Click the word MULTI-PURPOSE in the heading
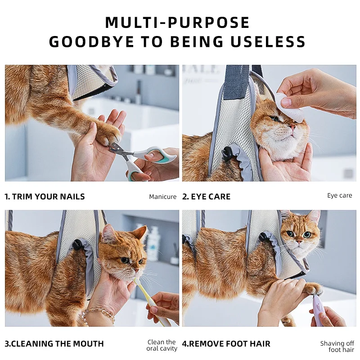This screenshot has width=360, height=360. point(177,22)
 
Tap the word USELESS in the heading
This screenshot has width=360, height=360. point(268,41)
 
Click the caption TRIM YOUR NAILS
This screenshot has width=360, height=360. point(49,197)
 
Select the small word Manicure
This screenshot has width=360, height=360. point(163,197)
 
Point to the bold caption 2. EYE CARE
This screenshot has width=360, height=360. point(207,197)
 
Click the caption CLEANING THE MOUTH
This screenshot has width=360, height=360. point(58,344)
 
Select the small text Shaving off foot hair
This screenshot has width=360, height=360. point(337,346)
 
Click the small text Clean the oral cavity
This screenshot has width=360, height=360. point(162,345)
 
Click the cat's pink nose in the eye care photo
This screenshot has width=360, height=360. point(292,126)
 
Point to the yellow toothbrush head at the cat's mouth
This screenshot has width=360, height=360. point(137,282)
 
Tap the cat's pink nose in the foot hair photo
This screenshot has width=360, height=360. point(299,242)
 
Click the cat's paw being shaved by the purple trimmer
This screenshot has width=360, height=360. point(314,289)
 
